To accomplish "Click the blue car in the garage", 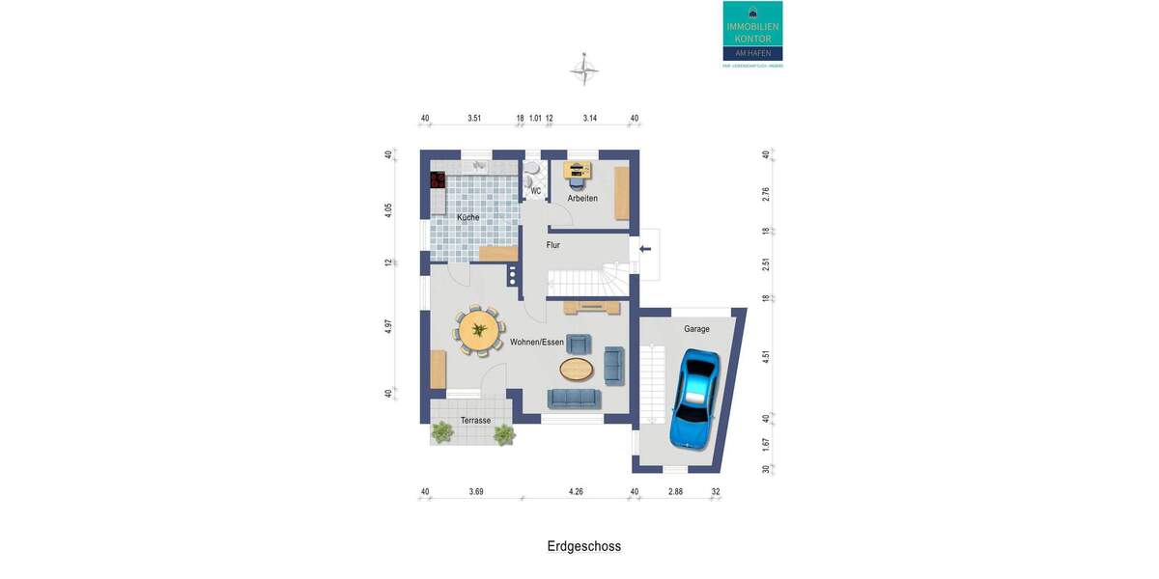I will click(694, 400).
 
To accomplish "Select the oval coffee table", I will click(577, 368).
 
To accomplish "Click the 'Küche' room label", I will click(468, 218).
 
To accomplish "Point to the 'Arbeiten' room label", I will click(582, 199).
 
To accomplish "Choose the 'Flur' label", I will click(553, 245).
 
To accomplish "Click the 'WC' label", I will click(535, 191).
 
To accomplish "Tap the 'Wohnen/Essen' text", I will click(536, 342).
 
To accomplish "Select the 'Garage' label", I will click(696, 329).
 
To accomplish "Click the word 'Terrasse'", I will click(475, 421).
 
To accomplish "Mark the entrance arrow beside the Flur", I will click(645, 251).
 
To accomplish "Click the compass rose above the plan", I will click(584, 69).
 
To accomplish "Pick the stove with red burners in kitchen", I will click(438, 179).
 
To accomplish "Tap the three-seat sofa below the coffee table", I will click(574, 398).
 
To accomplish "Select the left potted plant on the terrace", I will click(442, 433).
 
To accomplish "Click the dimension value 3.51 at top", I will click(474, 118).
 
